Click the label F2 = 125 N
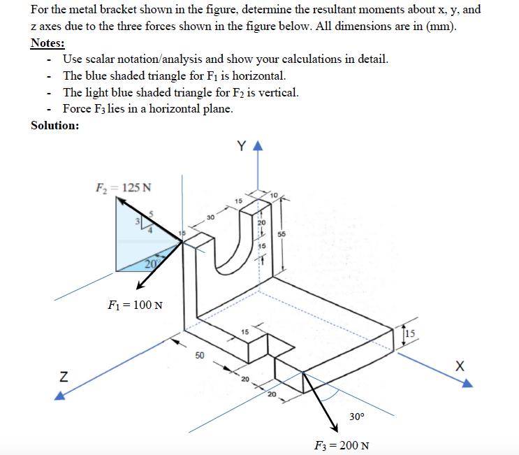click(x=124, y=187)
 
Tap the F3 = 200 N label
click(x=342, y=445)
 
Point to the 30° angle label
click(x=356, y=417)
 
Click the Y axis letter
click(x=241, y=146)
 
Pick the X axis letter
click(x=459, y=366)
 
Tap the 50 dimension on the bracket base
click(x=200, y=356)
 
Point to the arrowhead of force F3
click(x=332, y=424)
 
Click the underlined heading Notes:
click(x=47, y=43)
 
